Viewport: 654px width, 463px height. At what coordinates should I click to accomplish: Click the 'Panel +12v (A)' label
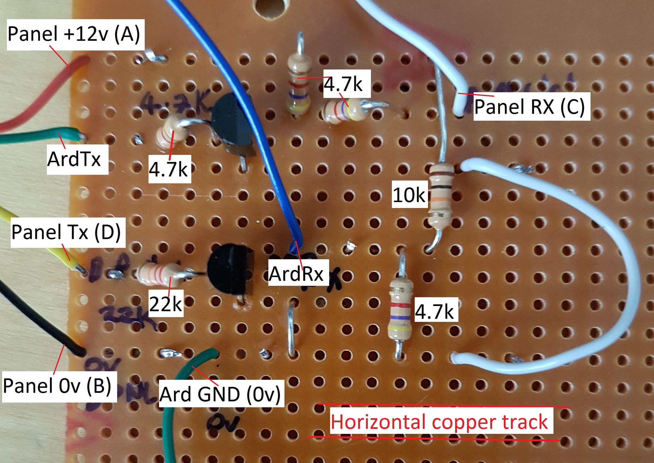pos(74,34)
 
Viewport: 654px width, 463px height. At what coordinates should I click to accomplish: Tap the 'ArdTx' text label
pos(74,159)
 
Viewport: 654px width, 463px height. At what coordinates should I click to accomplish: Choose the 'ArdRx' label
pos(296,274)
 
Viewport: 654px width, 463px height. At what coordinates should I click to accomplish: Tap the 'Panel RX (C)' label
pos(529,106)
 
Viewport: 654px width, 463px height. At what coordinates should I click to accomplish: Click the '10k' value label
pos(409,196)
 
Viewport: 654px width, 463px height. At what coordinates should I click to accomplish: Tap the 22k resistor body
pos(159,274)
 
